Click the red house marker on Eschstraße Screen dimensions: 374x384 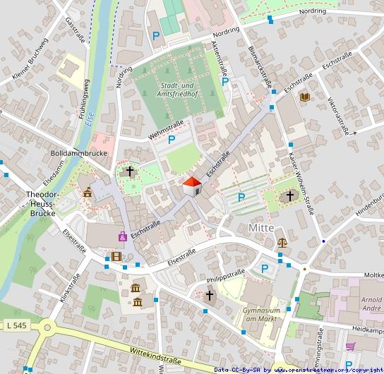pos(192,187)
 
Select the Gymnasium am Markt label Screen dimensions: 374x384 pos(262,315)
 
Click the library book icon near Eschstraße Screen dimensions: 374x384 pos(305,97)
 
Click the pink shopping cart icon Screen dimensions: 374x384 pos(351,346)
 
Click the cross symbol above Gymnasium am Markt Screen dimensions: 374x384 pos(209,296)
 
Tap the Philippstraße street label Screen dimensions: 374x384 pos(225,275)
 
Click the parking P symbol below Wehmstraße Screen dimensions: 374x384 pos(171,140)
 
